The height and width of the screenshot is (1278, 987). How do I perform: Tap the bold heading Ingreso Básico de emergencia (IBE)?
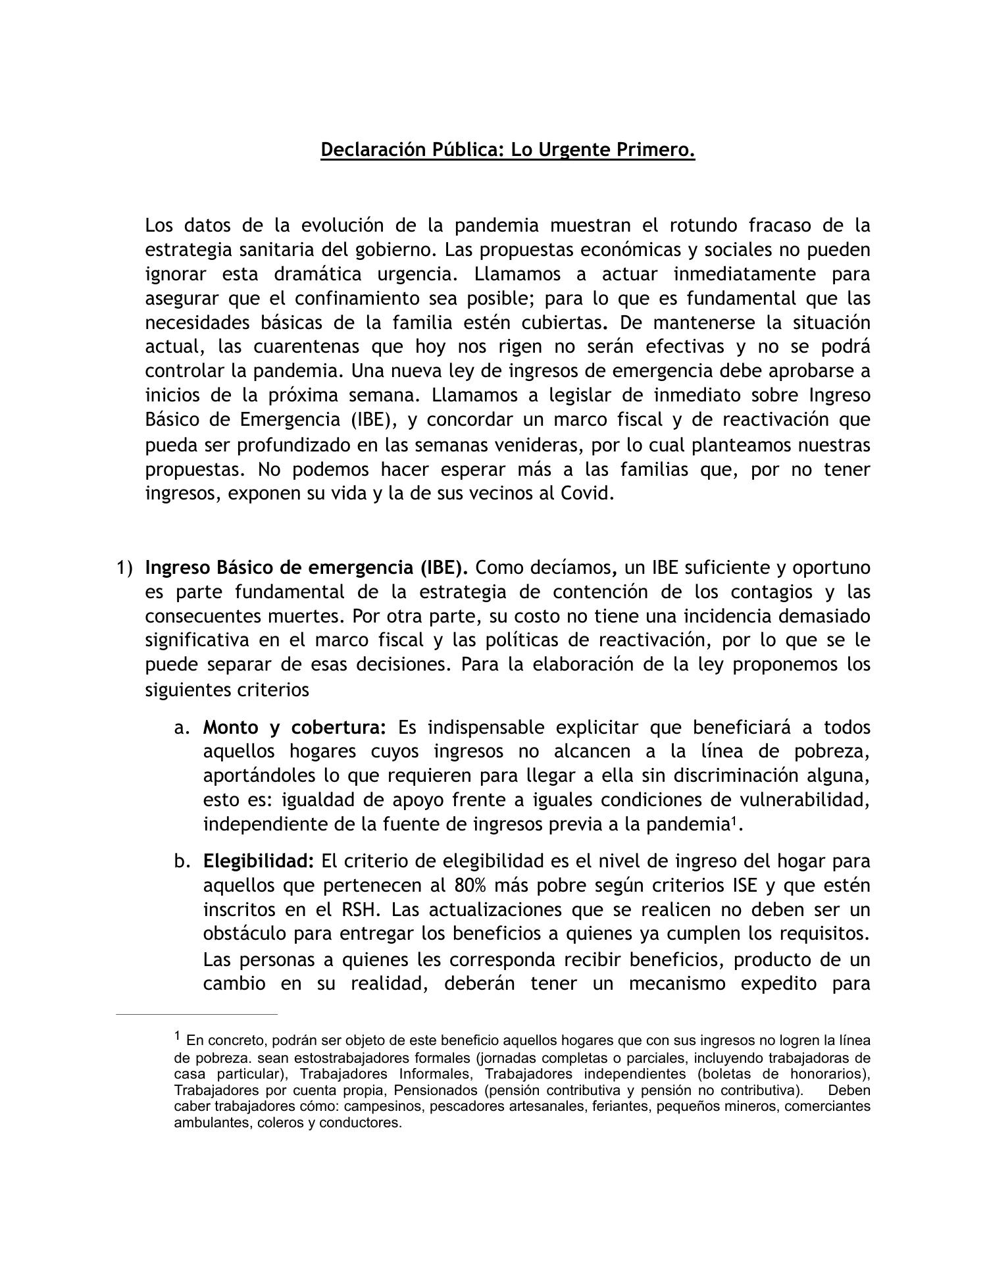coord(307,567)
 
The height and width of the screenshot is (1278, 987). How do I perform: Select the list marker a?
coord(182,728)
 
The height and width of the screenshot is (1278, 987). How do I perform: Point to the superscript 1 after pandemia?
coord(734,820)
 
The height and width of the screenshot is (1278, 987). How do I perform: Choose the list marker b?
coord(182,861)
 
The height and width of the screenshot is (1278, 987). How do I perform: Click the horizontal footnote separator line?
coord(197,1015)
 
